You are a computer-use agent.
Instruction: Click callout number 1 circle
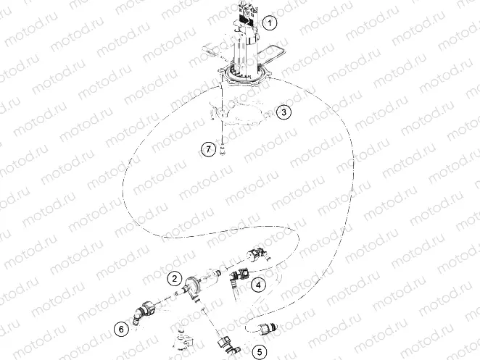[x=270, y=23]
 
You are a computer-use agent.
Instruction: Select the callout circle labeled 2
[x=175, y=277]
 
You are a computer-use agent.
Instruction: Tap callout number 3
[x=284, y=112]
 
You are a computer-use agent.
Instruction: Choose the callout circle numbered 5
[x=260, y=353]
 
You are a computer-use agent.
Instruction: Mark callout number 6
[x=121, y=328]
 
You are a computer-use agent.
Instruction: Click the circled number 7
[x=209, y=149]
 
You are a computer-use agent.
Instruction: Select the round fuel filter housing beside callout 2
[x=192, y=286]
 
